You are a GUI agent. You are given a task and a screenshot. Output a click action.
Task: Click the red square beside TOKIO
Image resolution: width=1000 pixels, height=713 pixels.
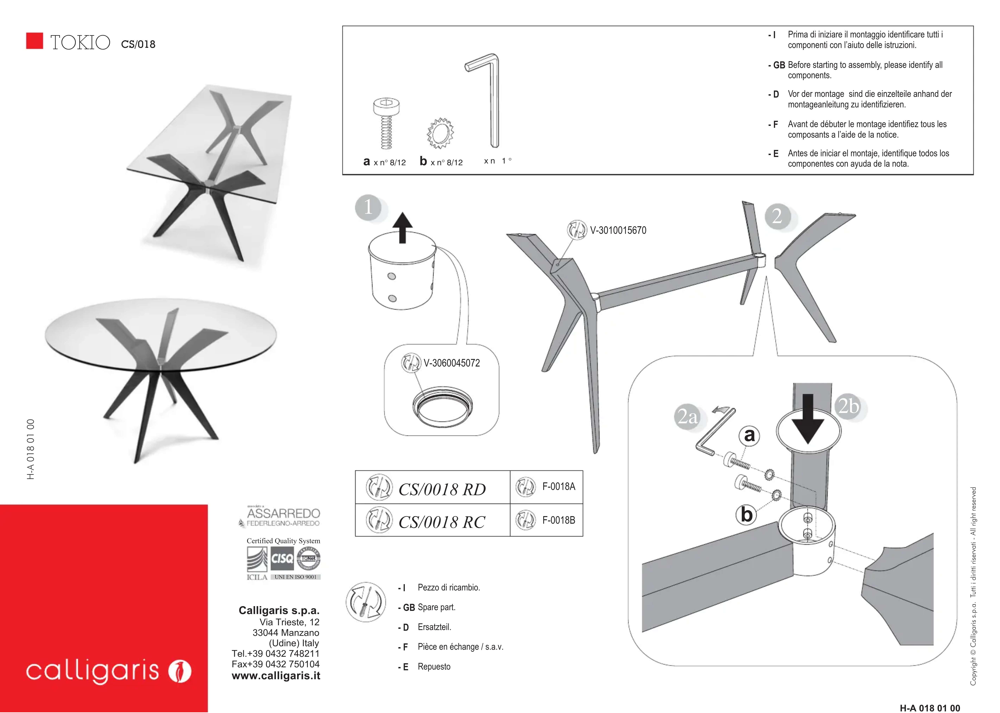click(35, 41)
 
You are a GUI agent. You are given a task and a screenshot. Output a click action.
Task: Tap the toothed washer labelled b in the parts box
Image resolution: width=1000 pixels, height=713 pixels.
click(440, 133)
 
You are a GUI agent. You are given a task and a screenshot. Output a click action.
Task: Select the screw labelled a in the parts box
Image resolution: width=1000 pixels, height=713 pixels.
click(386, 123)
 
